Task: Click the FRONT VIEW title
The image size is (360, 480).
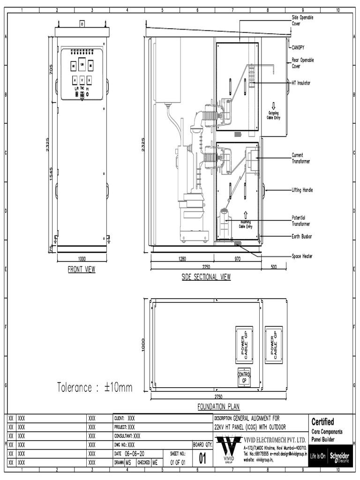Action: [x=82, y=270]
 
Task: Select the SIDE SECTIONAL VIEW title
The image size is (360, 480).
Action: [x=206, y=277]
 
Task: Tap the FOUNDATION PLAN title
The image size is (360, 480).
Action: [x=218, y=406]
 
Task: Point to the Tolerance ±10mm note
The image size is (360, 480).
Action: [x=95, y=387]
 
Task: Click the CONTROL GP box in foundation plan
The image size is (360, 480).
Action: [x=244, y=378]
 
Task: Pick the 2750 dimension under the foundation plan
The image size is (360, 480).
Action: [x=218, y=396]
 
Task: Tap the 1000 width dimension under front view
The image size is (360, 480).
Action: [x=82, y=259]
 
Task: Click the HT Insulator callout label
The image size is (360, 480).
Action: [x=301, y=83]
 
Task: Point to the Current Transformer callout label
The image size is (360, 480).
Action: [x=301, y=158]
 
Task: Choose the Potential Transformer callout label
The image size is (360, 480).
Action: [x=301, y=221]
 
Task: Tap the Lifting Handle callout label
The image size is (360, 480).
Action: [x=302, y=190]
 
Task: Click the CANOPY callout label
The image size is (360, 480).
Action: [x=299, y=47]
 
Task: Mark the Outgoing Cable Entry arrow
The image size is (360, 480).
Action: [x=273, y=106]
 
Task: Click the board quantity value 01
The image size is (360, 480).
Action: [x=203, y=457]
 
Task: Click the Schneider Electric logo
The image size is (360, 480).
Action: [x=339, y=457]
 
